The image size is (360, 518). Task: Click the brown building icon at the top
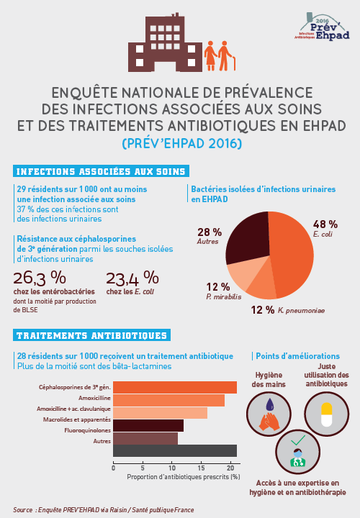click(x=163, y=45)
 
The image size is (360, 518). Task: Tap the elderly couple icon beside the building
click(x=219, y=55)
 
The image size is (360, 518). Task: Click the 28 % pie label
click(x=209, y=232)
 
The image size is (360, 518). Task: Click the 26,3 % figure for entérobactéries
click(x=40, y=278)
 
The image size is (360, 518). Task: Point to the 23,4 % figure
click(x=132, y=278)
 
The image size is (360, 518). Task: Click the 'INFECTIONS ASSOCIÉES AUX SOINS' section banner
click(x=102, y=171)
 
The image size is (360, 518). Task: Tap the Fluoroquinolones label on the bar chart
click(x=87, y=430)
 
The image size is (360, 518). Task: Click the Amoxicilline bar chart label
click(x=94, y=397)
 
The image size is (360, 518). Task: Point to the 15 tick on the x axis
click(x=202, y=467)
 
